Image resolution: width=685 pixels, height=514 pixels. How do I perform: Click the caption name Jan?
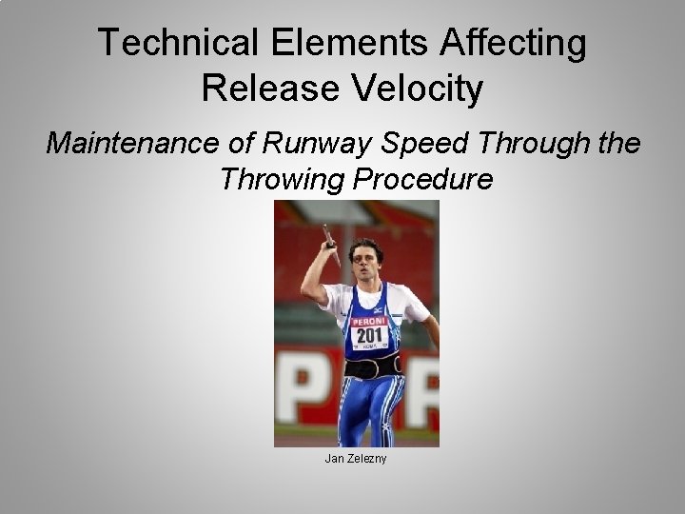(x=334, y=460)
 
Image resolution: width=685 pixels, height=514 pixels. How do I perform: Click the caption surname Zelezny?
(x=367, y=460)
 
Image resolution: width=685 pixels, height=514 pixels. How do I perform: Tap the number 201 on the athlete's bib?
(x=367, y=336)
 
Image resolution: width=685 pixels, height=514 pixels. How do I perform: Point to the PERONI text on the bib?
(x=367, y=321)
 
